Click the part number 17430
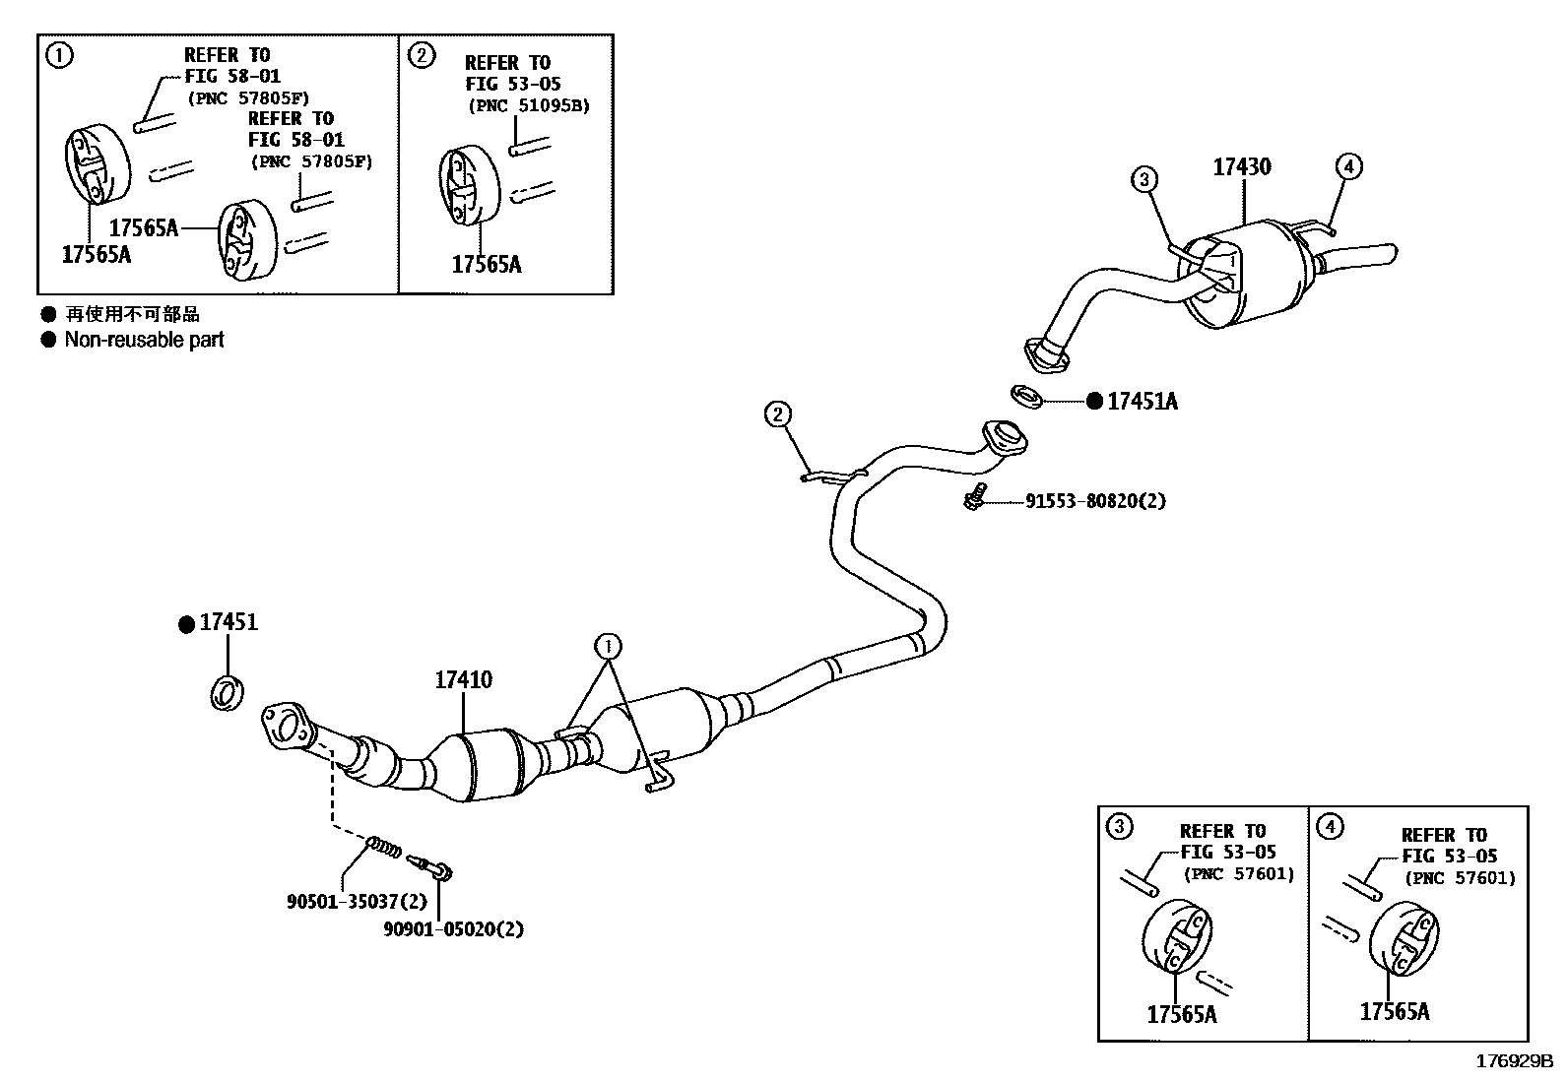click(1241, 166)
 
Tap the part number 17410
click(464, 679)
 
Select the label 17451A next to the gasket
click(1142, 402)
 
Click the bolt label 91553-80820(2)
click(1094, 501)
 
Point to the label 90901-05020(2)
click(453, 928)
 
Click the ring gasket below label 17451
click(227, 693)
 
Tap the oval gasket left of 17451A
click(1027, 397)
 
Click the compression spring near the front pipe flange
click(385, 846)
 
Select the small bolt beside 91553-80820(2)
click(973, 499)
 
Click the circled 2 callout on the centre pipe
click(778, 414)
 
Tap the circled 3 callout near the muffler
click(1143, 179)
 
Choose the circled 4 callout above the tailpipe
click(1349, 166)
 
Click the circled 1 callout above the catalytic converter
click(609, 647)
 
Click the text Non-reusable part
click(144, 340)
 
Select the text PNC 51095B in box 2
click(528, 106)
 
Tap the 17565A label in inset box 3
click(1181, 1014)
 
